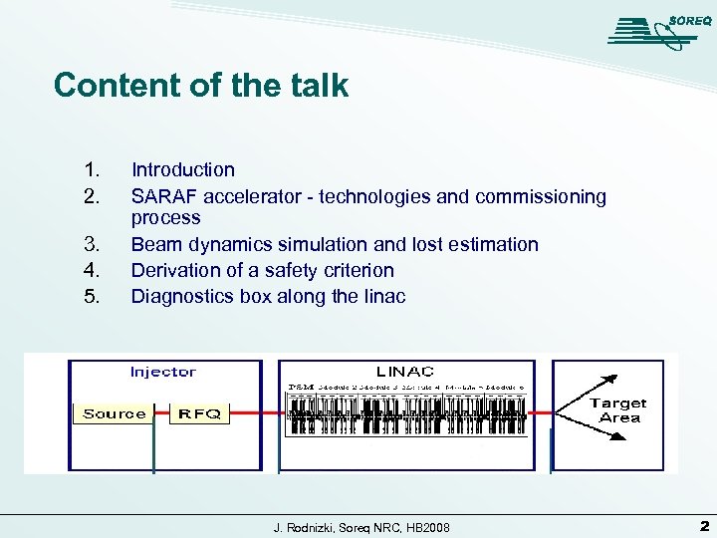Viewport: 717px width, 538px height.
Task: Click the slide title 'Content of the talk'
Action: [x=201, y=86]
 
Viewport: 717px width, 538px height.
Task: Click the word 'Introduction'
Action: [x=183, y=170]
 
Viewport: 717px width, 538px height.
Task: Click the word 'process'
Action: [x=166, y=218]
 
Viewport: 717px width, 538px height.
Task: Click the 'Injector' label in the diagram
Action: [x=163, y=372]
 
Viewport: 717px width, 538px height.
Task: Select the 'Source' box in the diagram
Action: [x=114, y=413]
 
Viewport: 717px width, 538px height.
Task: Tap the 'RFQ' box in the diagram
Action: [x=199, y=413]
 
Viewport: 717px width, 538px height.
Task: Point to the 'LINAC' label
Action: [x=404, y=372]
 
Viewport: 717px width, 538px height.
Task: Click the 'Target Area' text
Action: [x=617, y=410]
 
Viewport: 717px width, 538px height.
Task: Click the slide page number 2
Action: [x=703, y=525]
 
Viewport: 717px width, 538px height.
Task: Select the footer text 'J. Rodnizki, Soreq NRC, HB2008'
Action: [x=361, y=526]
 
